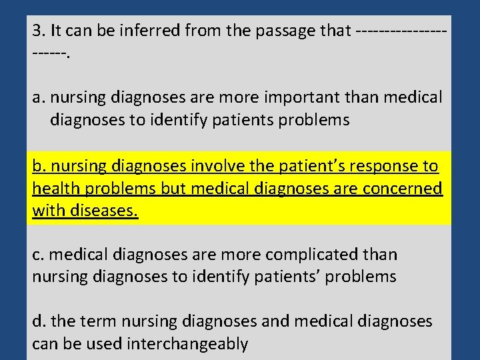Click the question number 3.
(37, 31)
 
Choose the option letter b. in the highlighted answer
(39, 166)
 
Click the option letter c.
(38, 255)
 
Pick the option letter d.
(39, 322)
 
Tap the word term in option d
(96, 322)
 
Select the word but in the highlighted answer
(173, 189)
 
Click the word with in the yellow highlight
(45, 211)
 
